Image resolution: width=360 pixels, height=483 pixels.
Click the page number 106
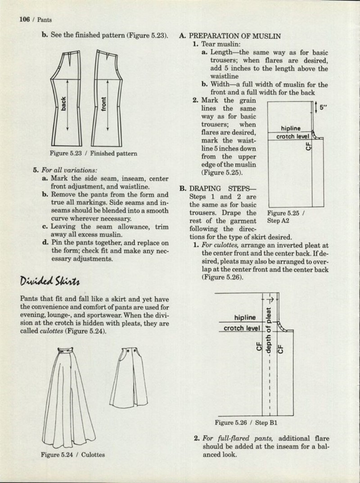(x=25, y=19)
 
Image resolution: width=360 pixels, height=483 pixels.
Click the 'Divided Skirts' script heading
(x=50, y=281)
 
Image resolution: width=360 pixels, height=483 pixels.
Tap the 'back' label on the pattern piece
(x=63, y=104)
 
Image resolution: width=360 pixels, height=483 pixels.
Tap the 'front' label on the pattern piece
(x=103, y=104)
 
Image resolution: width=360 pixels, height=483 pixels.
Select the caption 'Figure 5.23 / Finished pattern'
(x=94, y=153)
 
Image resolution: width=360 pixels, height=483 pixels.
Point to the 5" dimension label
(x=323, y=107)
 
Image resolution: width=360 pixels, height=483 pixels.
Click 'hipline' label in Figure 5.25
(x=290, y=129)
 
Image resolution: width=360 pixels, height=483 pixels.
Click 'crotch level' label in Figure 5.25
(x=292, y=136)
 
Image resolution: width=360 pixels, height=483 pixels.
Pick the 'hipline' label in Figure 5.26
(x=245, y=318)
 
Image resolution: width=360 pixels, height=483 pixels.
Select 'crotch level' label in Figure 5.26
(x=242, y=328)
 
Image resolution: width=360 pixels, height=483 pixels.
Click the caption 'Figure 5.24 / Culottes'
(x=73, y=455)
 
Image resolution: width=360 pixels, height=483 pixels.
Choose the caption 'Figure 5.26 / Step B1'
(x=246, y=423)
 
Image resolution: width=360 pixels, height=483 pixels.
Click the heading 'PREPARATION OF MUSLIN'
(x=234, y=36)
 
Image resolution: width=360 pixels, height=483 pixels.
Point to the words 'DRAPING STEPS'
(x=223, y=188)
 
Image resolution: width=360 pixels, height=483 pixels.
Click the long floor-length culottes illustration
(x=68, y=397)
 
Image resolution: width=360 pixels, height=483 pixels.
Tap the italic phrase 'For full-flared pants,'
(x=237, y=438)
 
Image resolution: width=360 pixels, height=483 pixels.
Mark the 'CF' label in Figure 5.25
(x=309, y=146)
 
